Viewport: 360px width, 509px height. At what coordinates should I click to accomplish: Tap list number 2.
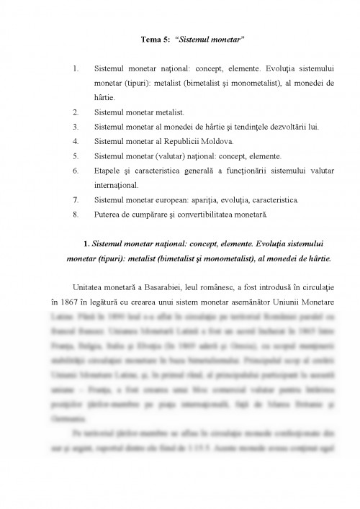(76, 112)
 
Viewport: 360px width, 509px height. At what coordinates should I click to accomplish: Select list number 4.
(76, 141)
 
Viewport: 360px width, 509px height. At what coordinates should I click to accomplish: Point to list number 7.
(76, 199)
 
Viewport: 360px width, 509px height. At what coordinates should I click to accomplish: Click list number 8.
(76, 214)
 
